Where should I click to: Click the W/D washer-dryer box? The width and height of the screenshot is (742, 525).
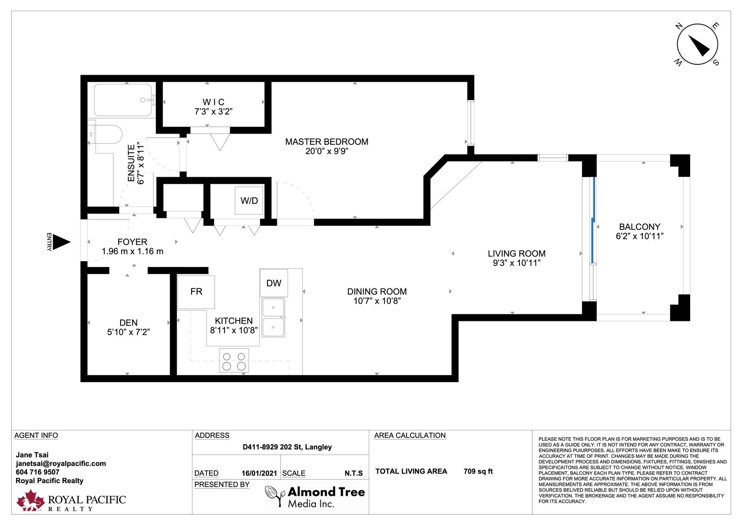(249, 200)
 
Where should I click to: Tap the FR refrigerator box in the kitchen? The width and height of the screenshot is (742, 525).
(196, 292)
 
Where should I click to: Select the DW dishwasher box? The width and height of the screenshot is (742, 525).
(274, 283)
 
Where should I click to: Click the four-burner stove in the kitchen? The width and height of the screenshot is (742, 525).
(234, 360)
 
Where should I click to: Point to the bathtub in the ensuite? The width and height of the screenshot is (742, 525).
(123, 100)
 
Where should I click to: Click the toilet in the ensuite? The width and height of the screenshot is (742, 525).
(105, 134)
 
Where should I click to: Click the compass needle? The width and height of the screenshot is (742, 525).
(699, 45)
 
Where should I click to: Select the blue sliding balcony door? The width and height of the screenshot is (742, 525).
(593, 220)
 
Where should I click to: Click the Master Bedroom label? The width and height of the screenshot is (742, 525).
(326, 142)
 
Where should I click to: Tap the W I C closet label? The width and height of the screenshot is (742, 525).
(213, 102)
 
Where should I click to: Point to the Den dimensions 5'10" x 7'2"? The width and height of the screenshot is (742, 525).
(128, 332)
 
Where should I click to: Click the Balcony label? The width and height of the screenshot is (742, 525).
(640, 227)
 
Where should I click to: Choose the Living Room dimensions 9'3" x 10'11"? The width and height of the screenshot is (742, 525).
(517, 263)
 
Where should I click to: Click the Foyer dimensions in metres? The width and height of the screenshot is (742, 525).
(133, 251)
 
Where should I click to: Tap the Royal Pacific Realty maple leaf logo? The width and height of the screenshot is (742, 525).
(31, 500)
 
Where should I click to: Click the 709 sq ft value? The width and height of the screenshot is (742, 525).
(478, 471)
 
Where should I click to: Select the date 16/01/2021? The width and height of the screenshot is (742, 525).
(259, 474)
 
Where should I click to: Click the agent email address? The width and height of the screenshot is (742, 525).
(61, 463)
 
